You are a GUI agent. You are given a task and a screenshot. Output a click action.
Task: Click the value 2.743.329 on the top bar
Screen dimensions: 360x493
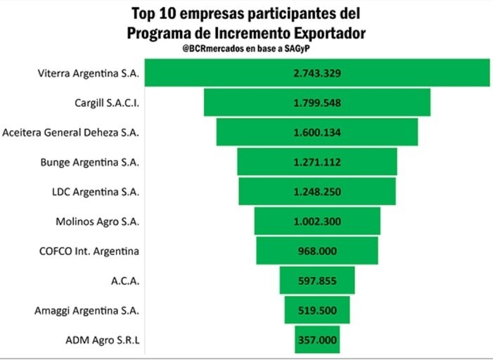316,73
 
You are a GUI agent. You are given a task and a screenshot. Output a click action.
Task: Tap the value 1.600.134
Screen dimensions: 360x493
316,132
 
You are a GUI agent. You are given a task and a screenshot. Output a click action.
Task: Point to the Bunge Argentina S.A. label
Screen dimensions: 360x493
98,162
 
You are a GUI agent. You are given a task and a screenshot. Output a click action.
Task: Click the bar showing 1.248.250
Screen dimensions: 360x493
316,192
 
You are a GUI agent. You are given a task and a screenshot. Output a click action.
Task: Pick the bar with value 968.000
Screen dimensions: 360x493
316,251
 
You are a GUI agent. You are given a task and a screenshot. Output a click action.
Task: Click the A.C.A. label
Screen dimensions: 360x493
127,281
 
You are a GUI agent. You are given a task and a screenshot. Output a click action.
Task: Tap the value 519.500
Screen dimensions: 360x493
316,310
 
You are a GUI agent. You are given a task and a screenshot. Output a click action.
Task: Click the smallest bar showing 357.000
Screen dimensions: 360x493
316,340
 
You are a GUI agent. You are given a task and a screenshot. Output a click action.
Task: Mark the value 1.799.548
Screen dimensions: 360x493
316,103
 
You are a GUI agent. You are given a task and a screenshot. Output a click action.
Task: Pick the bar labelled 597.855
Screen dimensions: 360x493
316,281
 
